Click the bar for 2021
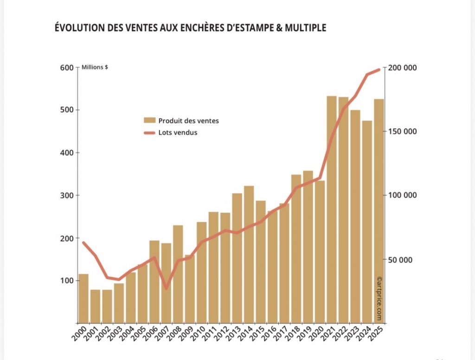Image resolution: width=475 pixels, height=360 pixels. pyautogui.click(x=332, y=209)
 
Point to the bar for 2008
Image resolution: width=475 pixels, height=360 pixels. pyautogui.click(x=178, y=274)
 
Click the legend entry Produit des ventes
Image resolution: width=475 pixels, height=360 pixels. pyautogui.click(x=188, y=121)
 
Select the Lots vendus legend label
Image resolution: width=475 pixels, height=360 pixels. pyautogui.click(x=178, y=133)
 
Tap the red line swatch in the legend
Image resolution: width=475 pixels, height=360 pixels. pyautogui.click(x=149, y=133)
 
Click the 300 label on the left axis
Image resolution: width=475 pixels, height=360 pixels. pyautogui.click(x=67, y=195)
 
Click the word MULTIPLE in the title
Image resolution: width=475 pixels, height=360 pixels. pyautogui.click(x=302, y=28)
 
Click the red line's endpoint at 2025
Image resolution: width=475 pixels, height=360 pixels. pyautogui.click(x=379, y=70)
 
